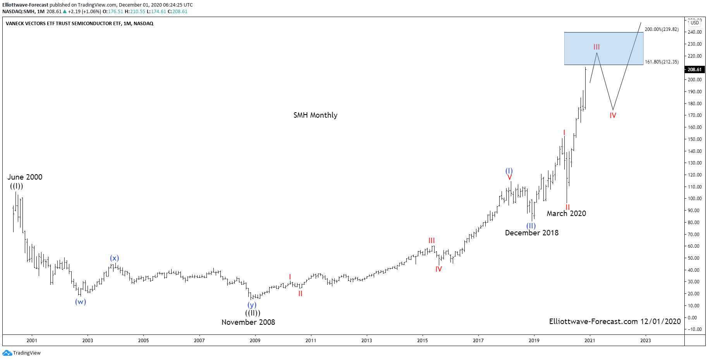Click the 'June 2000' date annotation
pyautogui.click(x=25, y=177)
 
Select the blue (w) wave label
pyautogui.click(x=81, y=302)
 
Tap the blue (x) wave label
pyautogui.click(x=114, y=258)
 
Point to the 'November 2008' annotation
pyautogui.click(x=248, y=322)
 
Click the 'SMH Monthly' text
pyautogui.click(x=315, y=115)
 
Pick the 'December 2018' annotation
pyautogui.click(x=531, y=233)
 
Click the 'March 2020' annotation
pyautogui.click(x=566, y=213)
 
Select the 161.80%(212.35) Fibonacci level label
pyautogui.click(x=662, y=62)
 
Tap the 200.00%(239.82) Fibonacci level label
pyautogui.click(x=662, y=29)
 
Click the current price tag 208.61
pyautogui.click(x=694, y=70)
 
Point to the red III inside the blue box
pyautogui.click(x=596, y=47)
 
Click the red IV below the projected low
pyautogui.click(x=613, y=115)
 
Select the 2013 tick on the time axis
pyautogui.click(x=366, y=341)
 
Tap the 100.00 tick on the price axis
pyautogui.click(x=694, y=199)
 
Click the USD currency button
pyautogui.click(x=695, y=22)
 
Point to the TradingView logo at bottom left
pyautogui.click(x=22, y=353)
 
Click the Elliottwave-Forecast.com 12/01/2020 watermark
pyautogui.click(x=615, y=321)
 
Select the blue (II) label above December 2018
pyautogui.click(x=531, y=226)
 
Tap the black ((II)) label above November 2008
pyautogui.click(x=253, y=313)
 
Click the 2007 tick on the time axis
pyautogui.click(x=199, y=341)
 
